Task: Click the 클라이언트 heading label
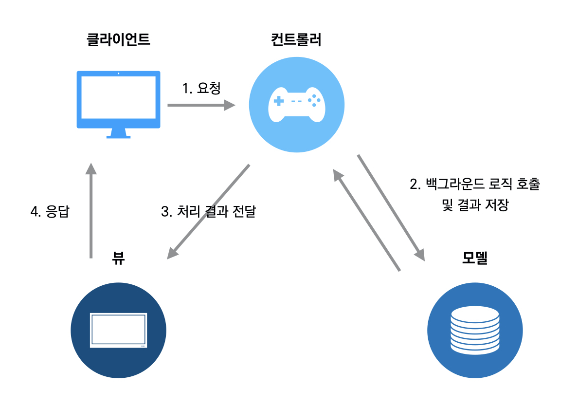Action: click(118, 40)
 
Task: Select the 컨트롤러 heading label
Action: click(296, 40)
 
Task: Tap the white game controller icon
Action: click(296, 105)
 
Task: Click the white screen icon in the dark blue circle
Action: click(119, 330)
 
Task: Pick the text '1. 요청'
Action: click(201, 88)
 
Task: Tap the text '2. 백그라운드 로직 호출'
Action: click(475, 185)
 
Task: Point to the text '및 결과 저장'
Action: click(475, 205)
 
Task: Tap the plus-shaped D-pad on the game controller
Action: click(278, 101)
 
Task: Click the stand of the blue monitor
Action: click(118, 133)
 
